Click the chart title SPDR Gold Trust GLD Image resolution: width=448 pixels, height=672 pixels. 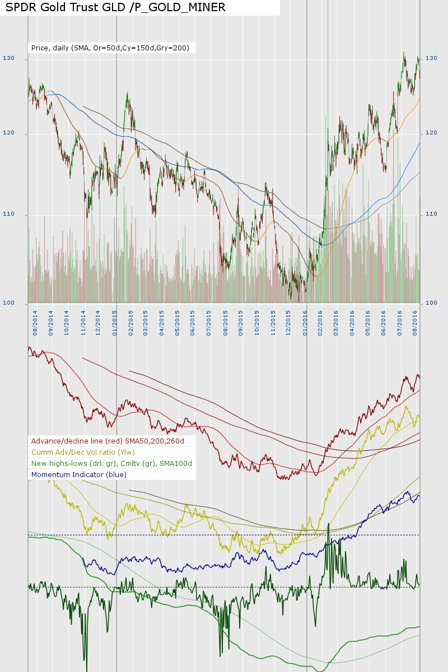point(115,7)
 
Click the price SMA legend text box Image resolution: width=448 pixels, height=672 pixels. point(110,48)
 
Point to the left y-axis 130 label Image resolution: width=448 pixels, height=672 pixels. point(8,58)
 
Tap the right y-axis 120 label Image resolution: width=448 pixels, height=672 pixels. point(431,133)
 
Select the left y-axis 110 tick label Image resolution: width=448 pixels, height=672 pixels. point(8,214)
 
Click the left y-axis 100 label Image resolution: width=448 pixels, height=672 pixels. point(8,303)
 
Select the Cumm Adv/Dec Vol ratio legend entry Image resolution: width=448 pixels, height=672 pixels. point(83,452)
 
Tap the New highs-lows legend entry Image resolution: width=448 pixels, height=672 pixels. point(112,463)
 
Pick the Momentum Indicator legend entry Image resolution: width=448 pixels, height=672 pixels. point(79,474)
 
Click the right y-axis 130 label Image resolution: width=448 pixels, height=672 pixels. point(431,58)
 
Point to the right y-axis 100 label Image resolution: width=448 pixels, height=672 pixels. point(431,303)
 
